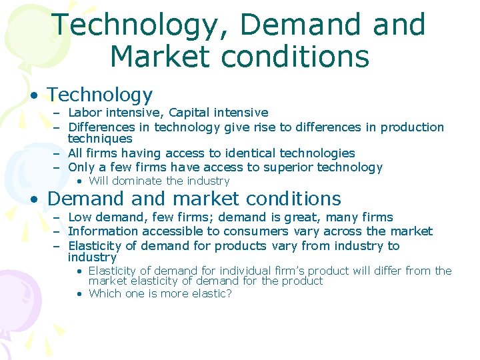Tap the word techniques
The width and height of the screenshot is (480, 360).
click(x=100, y=139)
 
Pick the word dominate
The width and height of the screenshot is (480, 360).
click(x=138, y=181)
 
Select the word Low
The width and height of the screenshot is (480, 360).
click(x=79, y=217)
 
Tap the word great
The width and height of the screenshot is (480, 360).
click(x=304, y=217)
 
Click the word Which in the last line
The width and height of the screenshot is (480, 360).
click(x=105, y=293)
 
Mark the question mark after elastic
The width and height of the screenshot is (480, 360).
click(x=229, y=293)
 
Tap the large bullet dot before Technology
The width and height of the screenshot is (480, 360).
click(x=33, y=95)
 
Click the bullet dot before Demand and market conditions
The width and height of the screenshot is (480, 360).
click(x=33, y=199)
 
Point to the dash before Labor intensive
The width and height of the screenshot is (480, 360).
click(x=57, y=113)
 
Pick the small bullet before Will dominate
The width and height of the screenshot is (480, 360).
click(x=79, y=181)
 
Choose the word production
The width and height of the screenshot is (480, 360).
click(x=413, y=127)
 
